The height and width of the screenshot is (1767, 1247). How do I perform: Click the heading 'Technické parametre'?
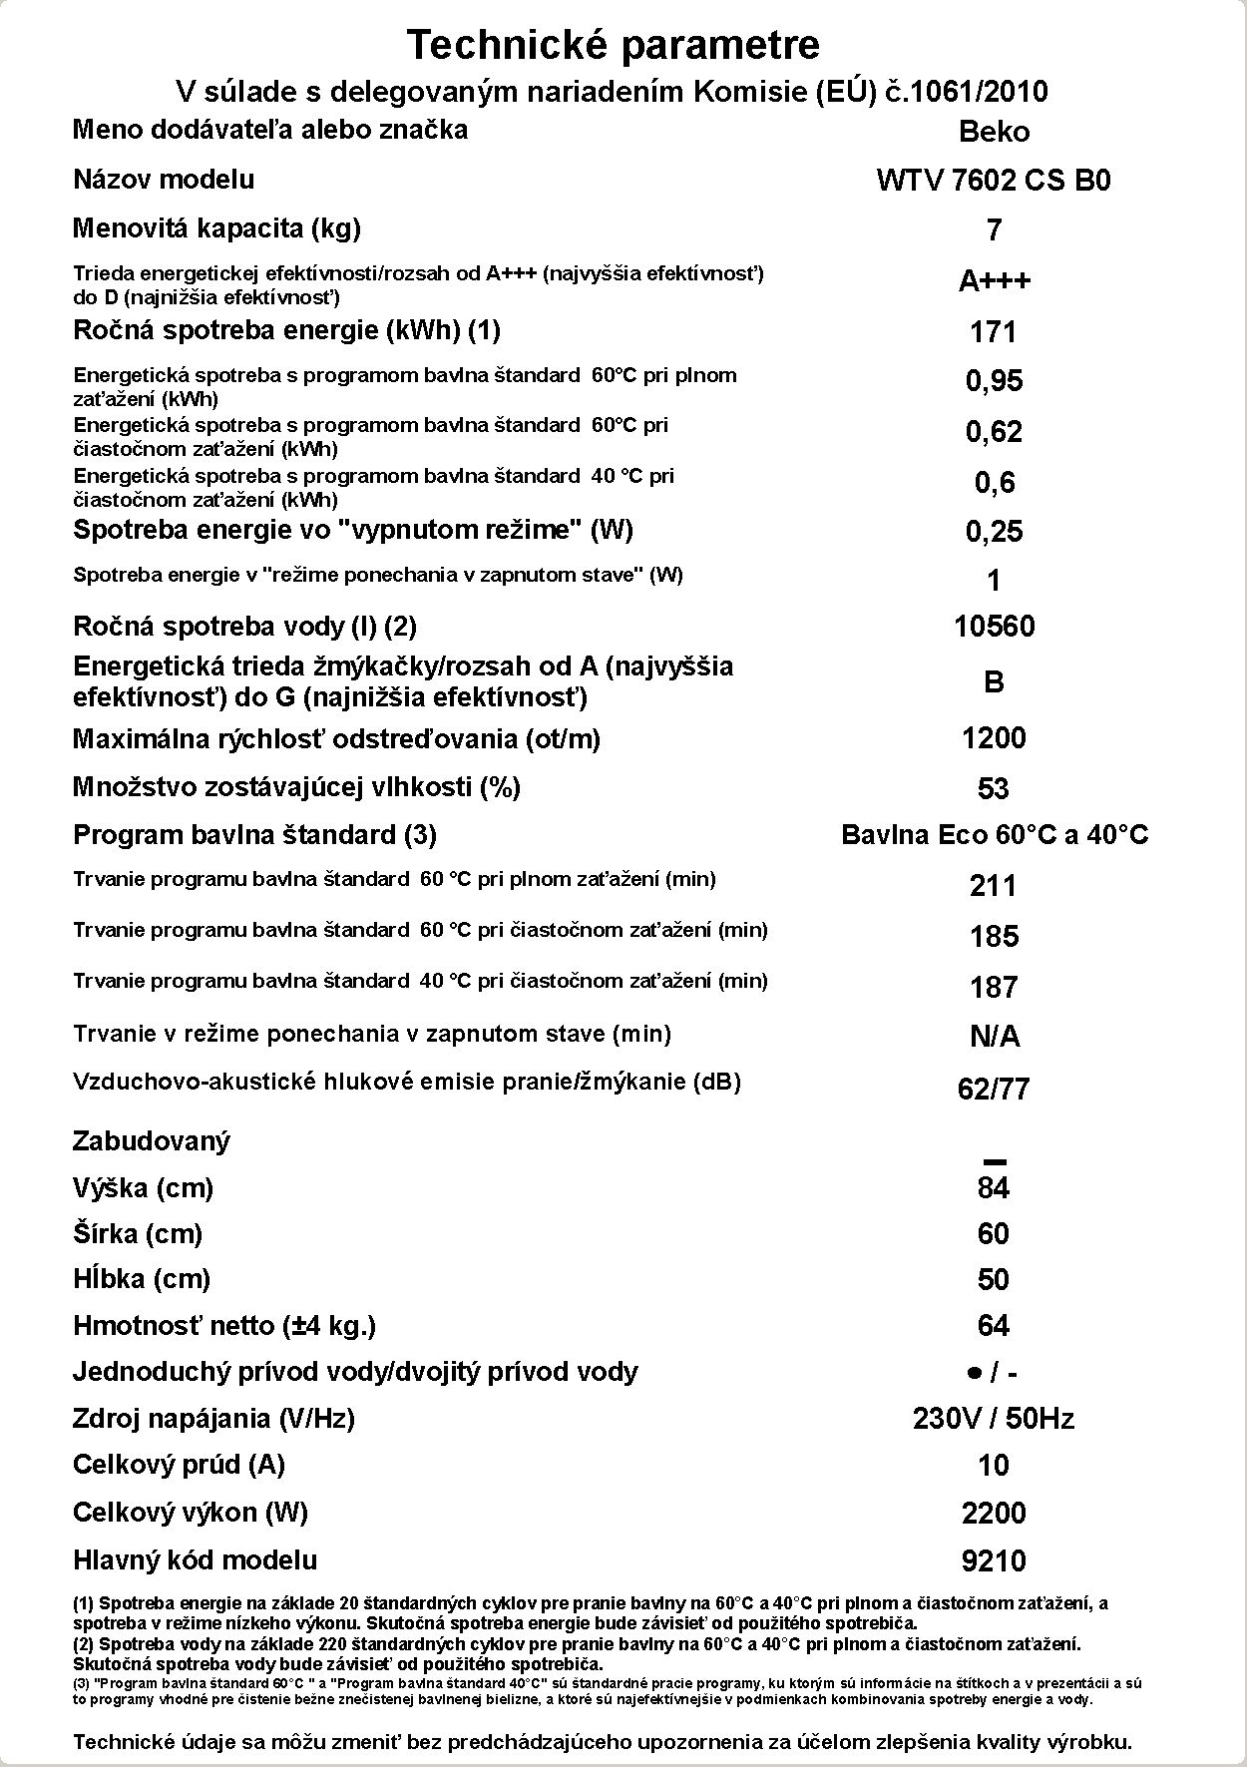tap(614, 45)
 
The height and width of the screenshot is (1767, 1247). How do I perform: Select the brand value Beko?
tap(994, 132)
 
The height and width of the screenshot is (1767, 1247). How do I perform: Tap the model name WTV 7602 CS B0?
tap(994, 181)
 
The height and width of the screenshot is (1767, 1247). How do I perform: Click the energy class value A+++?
tap(994, 281)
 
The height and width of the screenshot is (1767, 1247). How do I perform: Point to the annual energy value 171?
tap(994, 331)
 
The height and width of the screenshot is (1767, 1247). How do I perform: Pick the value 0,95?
tap(994, 381)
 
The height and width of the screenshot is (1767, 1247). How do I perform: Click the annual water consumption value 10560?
tap(994, 627)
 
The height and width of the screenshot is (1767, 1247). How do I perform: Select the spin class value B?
tap(994, 682)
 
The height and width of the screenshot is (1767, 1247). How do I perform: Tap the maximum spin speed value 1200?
tap(994, 738)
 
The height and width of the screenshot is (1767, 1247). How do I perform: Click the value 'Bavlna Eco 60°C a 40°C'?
tap(995, 835)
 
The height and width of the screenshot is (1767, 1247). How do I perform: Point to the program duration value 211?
tap(994, 885)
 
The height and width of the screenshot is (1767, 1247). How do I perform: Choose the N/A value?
tap(994, 1037)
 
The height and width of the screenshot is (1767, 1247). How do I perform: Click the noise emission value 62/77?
tap(994, 1089)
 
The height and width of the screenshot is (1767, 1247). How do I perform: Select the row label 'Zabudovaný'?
tap(152, 1141)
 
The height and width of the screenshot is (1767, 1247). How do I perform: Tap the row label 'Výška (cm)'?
tap(144, 1188)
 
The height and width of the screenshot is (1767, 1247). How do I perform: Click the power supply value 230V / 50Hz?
tap(994, 1419)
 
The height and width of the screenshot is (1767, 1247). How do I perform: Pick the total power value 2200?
tap(994, 1514)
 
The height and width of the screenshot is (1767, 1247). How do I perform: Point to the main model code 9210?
tap(994, 1560)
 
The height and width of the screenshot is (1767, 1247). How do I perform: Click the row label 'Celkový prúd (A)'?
tap(180, 1465)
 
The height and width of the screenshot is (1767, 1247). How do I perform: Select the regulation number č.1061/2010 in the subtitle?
tap(967, 92)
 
